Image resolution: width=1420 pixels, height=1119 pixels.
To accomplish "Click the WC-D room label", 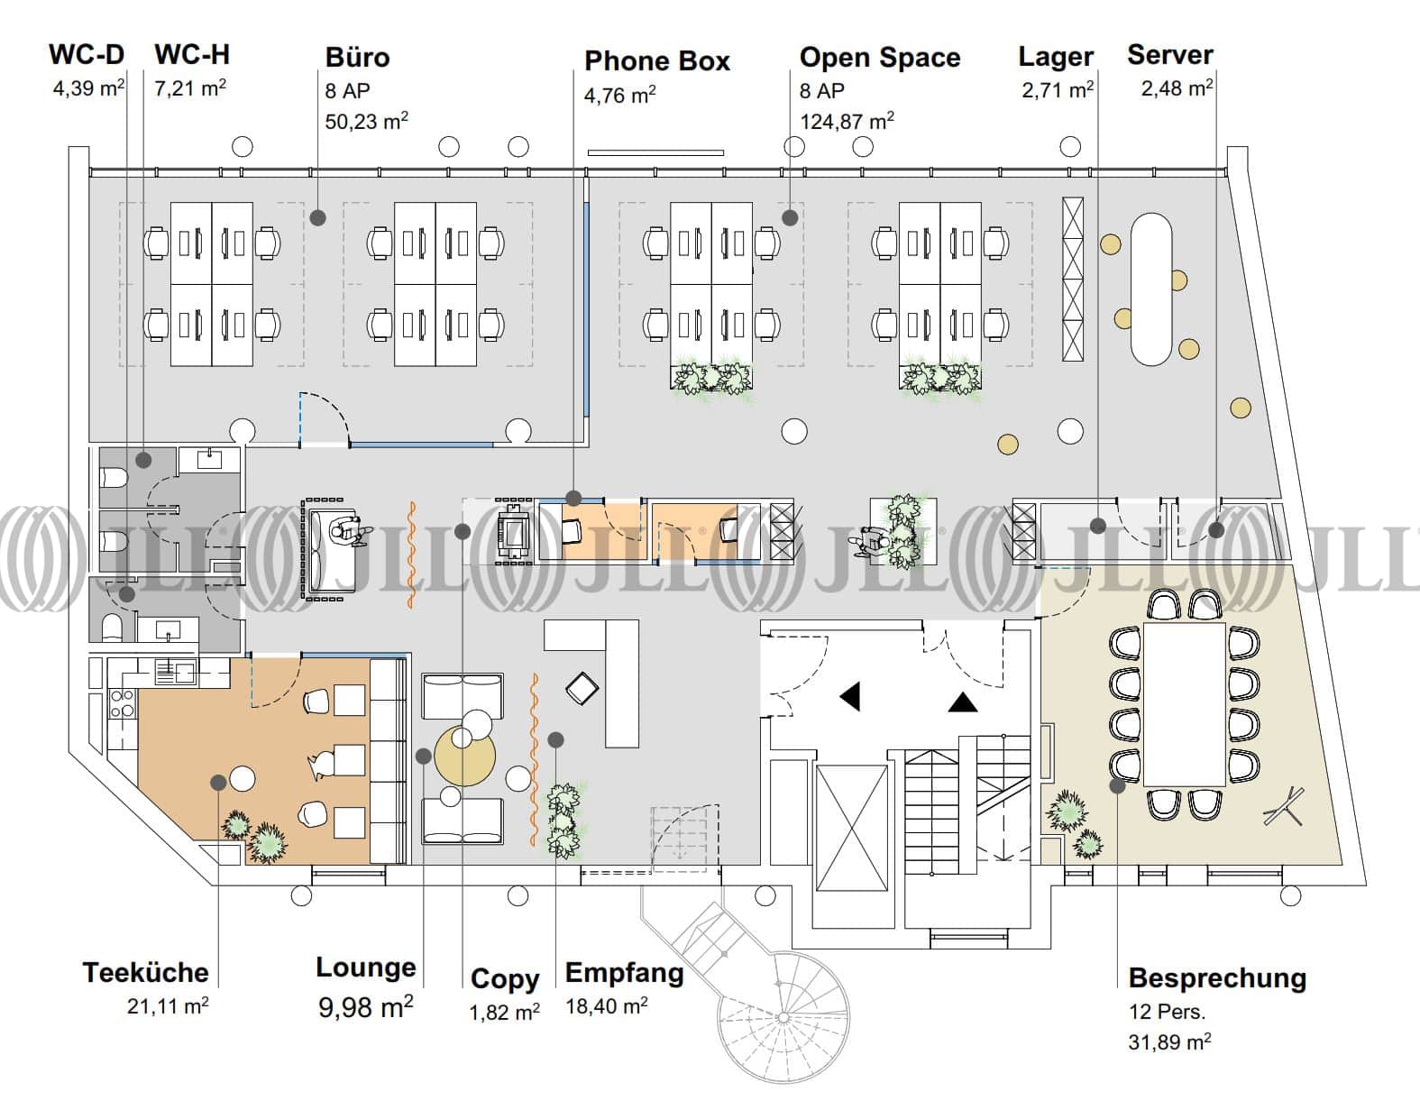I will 87,55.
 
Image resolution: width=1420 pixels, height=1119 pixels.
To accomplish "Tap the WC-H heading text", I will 191,55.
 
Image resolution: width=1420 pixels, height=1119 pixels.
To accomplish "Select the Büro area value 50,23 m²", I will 366,121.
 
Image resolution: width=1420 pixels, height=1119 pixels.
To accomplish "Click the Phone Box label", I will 656,61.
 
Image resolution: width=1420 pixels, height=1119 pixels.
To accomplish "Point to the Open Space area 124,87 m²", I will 847,120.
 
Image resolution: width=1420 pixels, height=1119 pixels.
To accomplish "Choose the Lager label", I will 1056,57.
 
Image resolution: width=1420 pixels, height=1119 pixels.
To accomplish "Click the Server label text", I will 1169,55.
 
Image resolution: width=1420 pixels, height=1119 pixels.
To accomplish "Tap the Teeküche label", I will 145,972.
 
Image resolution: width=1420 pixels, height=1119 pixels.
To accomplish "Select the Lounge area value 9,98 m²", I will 365,1005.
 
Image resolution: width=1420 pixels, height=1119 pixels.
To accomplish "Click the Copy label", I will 505,978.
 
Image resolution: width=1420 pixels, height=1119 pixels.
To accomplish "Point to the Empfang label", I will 624,973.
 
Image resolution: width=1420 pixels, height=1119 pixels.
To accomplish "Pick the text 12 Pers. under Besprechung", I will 1167,1012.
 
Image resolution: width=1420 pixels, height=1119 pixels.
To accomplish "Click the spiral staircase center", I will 783,1017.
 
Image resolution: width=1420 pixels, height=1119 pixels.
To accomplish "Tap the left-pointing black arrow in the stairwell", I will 849,696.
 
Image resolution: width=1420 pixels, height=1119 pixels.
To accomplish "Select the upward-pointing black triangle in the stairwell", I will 963,702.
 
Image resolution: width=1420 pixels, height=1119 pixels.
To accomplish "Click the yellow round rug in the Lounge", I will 465,757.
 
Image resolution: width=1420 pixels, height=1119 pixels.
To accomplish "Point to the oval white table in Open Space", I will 1150,289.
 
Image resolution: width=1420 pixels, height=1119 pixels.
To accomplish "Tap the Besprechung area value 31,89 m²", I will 1169,1042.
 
